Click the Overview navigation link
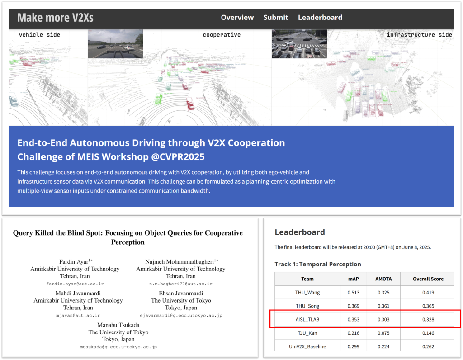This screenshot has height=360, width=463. [237, 18]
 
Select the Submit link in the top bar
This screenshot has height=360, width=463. [275, 18]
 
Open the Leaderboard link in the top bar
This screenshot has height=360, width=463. [320, 18]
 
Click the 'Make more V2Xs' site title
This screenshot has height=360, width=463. [55, 18]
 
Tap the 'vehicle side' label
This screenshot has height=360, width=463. [39, 35]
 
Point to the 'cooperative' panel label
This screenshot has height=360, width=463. [222, 35]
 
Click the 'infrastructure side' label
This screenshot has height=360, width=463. [419, 35]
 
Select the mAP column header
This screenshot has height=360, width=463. [353, 279]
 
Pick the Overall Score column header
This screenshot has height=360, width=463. [428, 279]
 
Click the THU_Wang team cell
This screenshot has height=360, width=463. [307, 292]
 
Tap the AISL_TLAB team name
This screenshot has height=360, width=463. [307, 320]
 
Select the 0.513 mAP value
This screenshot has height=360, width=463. [353, 292]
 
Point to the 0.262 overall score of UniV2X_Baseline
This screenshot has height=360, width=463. [428, 346]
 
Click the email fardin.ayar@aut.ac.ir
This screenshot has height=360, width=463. [75, 284]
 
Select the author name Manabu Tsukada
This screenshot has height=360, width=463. [118, 325]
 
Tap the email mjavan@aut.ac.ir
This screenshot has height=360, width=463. [78, 315]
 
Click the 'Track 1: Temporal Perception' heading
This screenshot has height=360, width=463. [318, 264]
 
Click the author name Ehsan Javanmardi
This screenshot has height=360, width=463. [181, 294]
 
